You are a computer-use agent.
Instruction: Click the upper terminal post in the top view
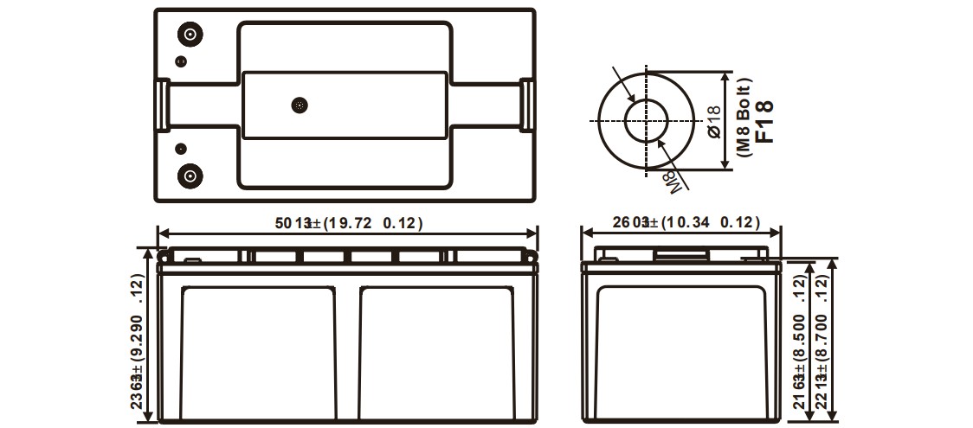[x=190, y=35]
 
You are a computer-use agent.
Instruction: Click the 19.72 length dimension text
[x=349, y=223]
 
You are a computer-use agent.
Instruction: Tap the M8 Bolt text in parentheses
[x=745, y=118]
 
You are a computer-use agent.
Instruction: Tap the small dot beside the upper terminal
[x=180, y=61]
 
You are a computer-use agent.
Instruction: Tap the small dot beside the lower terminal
[x=180, y=148]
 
